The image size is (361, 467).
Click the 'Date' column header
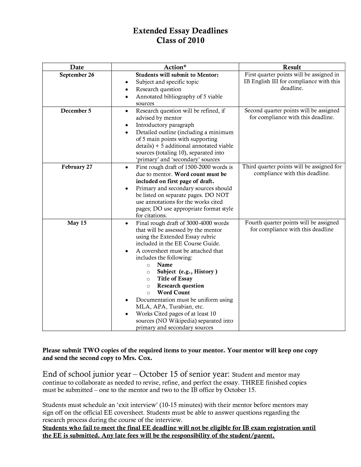pyautogui.click(x=77, y=67)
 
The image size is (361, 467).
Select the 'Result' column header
pyautogui.click(x=292, y=67)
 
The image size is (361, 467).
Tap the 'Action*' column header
pyautogui.click(x=175, y=67)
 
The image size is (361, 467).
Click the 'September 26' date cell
pyautogui.click(x=77, y=75)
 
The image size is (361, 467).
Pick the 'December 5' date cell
pyautogui.click(x=76, y=111)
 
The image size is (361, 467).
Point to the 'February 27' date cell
pyautogui.click(x=77, y=167)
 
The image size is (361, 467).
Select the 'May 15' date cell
pyautogui.click(x=77, y=223)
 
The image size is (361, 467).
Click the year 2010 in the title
pyautogui.click(x=195, y=40)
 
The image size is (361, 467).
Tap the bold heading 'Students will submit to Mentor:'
pyautogui.click(x=177, y=75)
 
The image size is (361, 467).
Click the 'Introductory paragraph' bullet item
pyautogui.click(x=165, y=125)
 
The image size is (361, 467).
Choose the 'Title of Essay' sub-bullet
pyautogui.click(x=175, y=279)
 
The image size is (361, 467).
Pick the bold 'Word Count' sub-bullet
pyautogui.click(x=173, y=292)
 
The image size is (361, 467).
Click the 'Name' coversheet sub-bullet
pyautogui.click(x=165, y=265)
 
